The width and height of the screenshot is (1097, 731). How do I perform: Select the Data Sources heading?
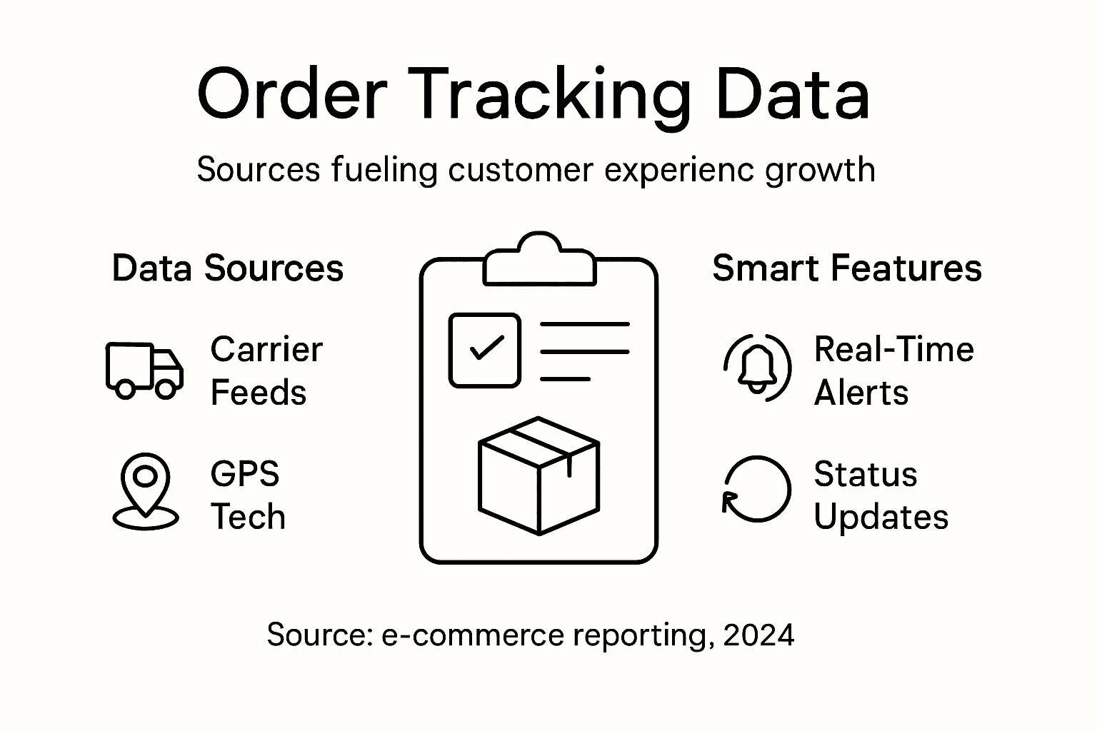228,268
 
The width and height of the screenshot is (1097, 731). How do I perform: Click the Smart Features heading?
847,268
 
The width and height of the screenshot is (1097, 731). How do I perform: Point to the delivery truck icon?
144,370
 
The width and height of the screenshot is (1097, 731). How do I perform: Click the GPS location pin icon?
146,491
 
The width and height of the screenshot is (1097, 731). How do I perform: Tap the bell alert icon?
757,368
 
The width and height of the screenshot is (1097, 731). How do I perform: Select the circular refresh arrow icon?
756,490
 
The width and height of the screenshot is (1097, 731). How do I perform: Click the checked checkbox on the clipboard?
484,351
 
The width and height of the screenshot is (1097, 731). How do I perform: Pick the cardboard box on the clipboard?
539,475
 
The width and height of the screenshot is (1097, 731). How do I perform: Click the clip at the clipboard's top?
539,261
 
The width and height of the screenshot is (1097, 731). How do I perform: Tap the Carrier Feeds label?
266,371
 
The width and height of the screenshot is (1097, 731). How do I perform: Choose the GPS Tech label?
247,495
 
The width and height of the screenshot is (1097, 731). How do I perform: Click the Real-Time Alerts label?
893,371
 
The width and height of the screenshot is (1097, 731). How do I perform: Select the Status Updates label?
881,495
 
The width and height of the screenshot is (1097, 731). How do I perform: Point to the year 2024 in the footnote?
758,635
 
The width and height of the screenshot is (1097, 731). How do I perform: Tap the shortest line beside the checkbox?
565,378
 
